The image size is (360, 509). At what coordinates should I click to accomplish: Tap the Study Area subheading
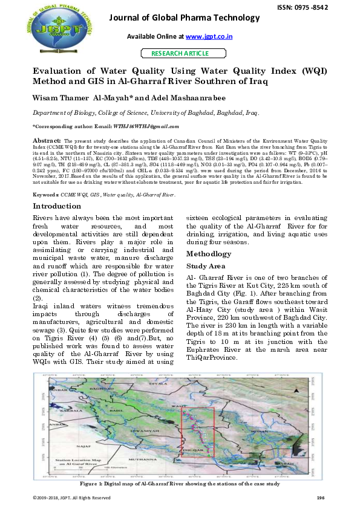tap(206, 266)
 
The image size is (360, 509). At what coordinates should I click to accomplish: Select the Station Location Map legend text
tap(77, 462)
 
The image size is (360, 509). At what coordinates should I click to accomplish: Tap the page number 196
tap(321, 498)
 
